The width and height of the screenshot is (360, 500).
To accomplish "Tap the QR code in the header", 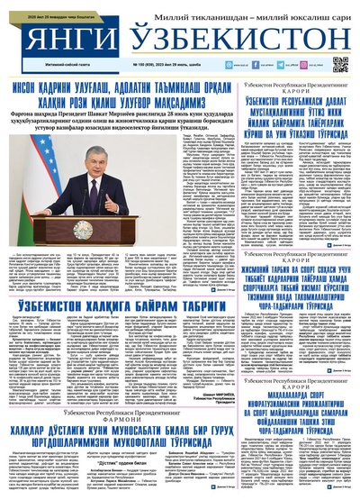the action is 340,64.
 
